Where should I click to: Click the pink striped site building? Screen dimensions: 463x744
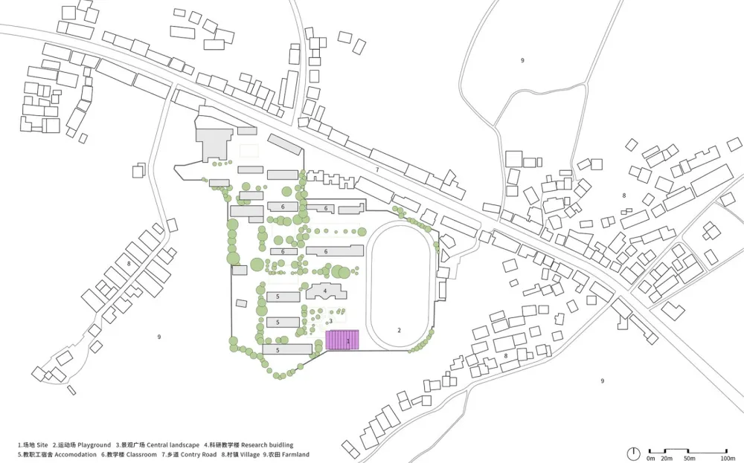tap(342, 340)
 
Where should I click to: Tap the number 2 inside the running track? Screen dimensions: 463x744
tap(399, 330)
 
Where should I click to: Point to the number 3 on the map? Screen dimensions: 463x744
tap(330, 321)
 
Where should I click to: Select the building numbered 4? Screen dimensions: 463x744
tap(325, 291)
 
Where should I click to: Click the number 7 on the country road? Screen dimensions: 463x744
tap(377, 170)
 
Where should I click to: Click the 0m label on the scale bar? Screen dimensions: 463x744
tap(650, 458)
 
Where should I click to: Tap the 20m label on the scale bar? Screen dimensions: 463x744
tap(666, 458)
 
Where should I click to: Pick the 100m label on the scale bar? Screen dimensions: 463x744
tap(728, 458)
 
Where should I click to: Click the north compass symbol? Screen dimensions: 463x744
tap(633, 453)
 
